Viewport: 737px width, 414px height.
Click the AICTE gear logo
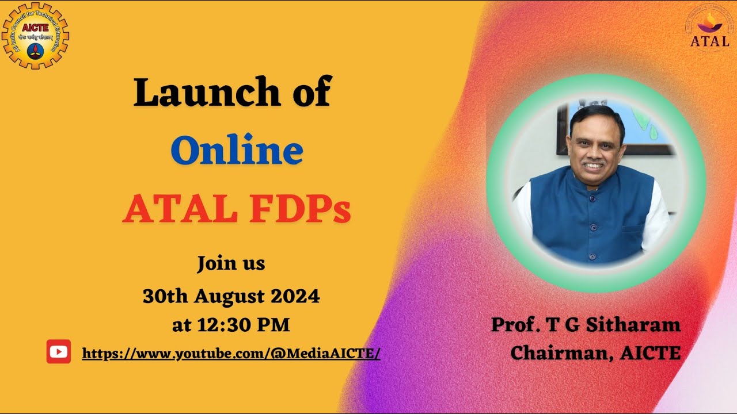pyautogui.click(x=35, y=35)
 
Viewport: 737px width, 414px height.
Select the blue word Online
pyautogui.click(x=237, y=151)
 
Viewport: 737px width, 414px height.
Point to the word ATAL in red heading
pyautogui.click(x=180, y=210)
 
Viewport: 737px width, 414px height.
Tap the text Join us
pyautogui.click(x=231, y=263)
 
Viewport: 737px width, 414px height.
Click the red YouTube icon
pyautogui.click(x=59, y=352)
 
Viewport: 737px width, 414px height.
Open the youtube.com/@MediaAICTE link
pyautogui.click(x=231, y=353)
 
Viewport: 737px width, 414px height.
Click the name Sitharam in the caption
pyautogui.click(x=633, y=325)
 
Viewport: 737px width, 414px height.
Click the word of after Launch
pyautogui.click(x=311, y=91)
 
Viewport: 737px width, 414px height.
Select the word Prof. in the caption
pyautogui.click(x=515, y=325)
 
